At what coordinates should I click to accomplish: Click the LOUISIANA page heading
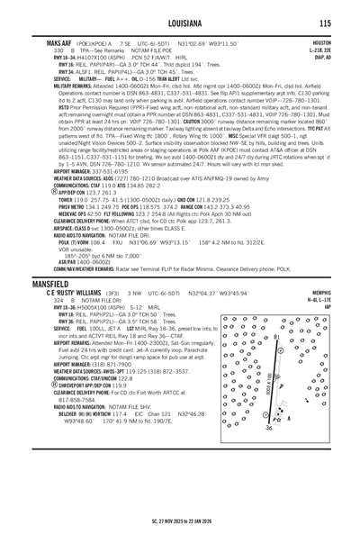180,23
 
